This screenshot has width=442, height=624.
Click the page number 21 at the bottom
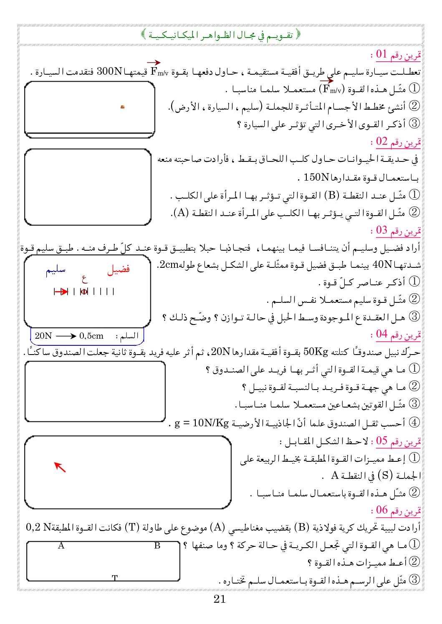(x=220, y=599)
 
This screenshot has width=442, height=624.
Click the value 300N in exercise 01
(x=109, y=71)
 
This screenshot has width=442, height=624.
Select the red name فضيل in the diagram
(x=119, y=269)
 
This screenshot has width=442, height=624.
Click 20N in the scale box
(x=43, y=336)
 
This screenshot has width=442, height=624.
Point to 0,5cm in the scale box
(x=91, y=336)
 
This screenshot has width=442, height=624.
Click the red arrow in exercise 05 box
(x=60, y=467)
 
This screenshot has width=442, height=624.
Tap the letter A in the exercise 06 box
(x=61, y=546)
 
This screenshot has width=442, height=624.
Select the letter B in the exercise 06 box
(x=157, y=546)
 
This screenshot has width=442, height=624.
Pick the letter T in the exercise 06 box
(x=115, y=578)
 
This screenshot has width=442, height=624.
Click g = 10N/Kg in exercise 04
(x=202, y=423)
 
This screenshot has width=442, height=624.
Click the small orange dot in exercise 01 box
(x=122, y=107)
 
